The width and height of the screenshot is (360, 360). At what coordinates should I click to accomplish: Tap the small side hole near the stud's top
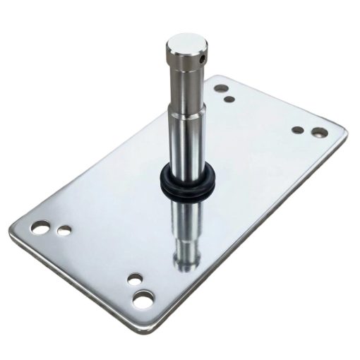point(204,60)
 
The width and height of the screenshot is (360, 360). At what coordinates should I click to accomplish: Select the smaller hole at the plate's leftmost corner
point(64,230)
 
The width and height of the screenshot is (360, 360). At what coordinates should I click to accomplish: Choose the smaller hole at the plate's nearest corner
point(134,278)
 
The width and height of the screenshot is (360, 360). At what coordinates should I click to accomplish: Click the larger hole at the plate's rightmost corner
point(320,131)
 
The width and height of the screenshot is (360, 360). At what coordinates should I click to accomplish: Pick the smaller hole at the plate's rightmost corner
point(297,130)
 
